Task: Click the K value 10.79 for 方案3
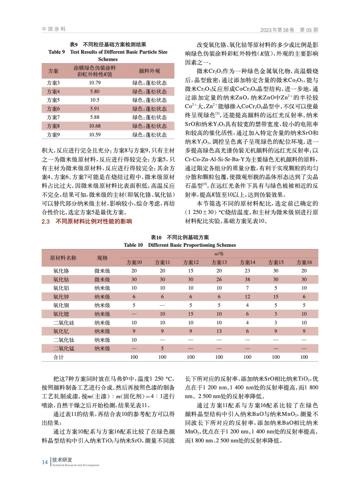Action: click(95, 83)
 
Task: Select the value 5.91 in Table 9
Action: click(95, 109)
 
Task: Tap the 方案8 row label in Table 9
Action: click(53, 126)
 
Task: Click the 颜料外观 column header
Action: click(149, 71)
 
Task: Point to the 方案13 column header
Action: click(219, 262)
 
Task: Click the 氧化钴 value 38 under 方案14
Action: click(247, 279)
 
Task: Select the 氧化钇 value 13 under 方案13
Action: click(219, 331)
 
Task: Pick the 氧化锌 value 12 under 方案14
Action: click(247, 296)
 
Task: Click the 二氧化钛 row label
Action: click(64, 340)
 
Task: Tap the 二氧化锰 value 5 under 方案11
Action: click(162, 348)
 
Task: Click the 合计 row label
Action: click(59, 357)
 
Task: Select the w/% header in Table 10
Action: click(219, 254)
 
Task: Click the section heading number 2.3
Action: click(45, 221)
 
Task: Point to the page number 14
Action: click(45, 462)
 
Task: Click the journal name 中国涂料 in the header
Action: click(54, 29)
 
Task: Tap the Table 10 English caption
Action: click(180, 245)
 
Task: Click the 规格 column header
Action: click(102, 258)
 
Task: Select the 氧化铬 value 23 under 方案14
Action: click(247, 271)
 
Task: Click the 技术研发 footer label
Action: click(62, 460)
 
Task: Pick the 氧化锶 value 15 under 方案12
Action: click(190, 314)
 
